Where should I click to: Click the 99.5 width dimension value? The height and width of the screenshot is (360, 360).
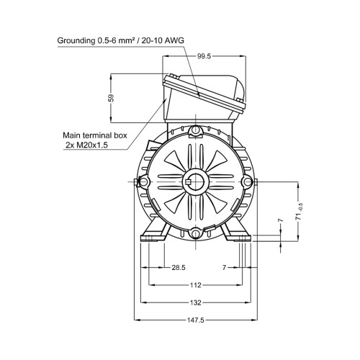pos(204,56)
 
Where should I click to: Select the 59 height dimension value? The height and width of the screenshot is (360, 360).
pos(111,98)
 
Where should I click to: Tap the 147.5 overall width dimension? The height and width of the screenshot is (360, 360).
pos(196,320)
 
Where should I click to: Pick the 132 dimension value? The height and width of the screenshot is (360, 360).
pos(196,302)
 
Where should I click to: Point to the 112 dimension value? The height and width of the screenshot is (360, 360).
pos(196,285)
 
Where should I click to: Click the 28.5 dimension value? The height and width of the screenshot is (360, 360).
pos(179,267)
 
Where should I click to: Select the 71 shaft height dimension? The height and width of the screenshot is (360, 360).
pos(298,217)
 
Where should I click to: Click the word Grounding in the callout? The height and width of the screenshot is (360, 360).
pos(76,40)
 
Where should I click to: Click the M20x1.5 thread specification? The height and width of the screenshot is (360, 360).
pos(91,145)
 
